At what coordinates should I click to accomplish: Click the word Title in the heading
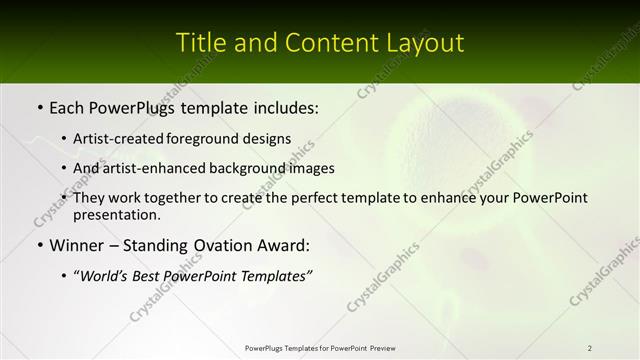(198, 43)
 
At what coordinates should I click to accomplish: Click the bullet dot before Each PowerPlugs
(39, 107)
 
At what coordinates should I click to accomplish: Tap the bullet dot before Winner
(39, 245)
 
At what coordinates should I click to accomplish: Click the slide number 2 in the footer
(589, 348)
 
